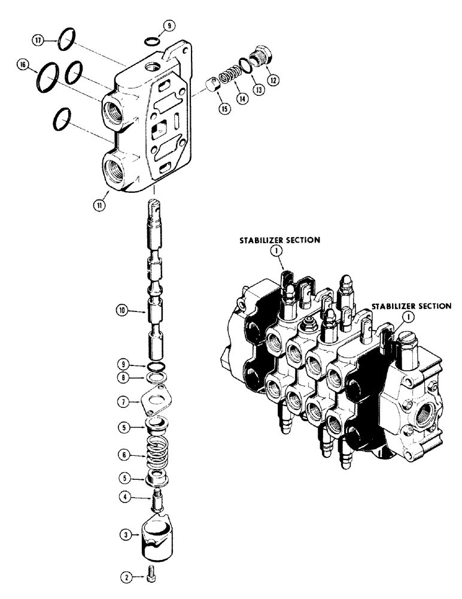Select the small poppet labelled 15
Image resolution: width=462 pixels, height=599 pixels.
click(x=212, y=85)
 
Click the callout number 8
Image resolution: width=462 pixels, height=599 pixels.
click(x=123, y=378)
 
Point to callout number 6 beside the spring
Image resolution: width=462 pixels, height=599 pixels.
click(x=123, y=455)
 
